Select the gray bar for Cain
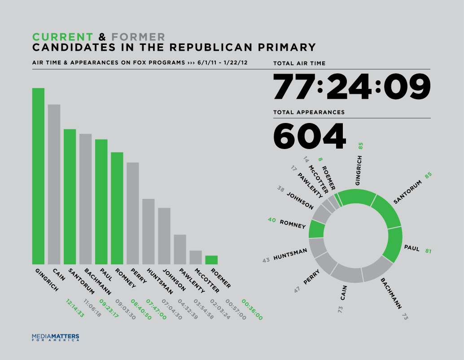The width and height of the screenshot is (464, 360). (54, 184)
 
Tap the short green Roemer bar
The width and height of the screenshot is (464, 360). (211, 260)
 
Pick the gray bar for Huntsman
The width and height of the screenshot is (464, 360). (149, 231)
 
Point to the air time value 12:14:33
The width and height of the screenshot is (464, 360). (74, 309)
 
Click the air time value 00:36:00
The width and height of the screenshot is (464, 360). (252, 310)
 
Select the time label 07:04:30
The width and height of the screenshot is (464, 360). (171, 309)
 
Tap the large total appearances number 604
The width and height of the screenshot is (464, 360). (310, 136)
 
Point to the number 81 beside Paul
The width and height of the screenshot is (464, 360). (428, 251)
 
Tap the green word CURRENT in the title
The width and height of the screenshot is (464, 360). (63, 37)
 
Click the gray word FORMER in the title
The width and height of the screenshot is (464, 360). (138, 37)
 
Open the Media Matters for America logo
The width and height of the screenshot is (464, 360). (56, 337)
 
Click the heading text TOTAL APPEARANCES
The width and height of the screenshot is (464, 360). (309, 112)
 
